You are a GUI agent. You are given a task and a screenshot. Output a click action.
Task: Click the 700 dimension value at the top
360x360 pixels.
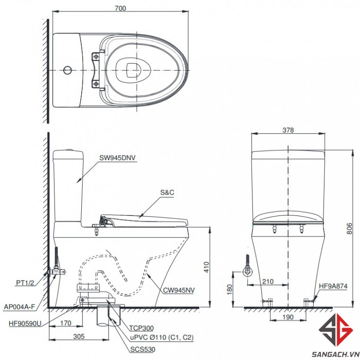pos(120,8)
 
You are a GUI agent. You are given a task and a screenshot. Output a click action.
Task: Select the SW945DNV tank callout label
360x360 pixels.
pos(117,158)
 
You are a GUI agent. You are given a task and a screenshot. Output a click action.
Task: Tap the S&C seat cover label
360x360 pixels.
pos(167,192)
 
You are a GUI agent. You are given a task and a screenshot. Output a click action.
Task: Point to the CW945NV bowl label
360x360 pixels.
pos(179,290)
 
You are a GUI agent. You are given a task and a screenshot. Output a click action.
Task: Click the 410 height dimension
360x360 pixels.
pos(206,267)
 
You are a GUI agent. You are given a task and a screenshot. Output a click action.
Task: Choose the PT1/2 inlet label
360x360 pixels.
pos(25,283)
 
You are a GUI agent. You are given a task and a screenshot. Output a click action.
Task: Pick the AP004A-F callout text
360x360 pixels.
pos(19,307)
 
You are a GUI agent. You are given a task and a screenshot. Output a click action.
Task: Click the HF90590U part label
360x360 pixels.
pos(25,324)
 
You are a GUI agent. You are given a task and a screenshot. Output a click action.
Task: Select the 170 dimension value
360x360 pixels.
pos(66,323)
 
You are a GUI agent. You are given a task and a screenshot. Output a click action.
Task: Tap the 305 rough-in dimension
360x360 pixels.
pos(79,336)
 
